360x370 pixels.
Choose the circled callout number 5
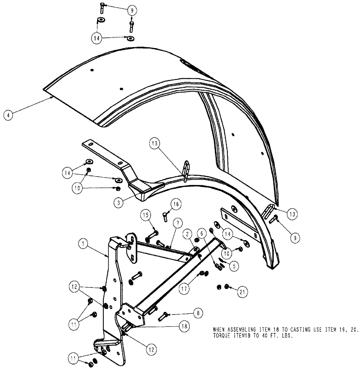tap(234, 265)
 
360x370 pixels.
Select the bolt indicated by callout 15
tap(152, 234)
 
